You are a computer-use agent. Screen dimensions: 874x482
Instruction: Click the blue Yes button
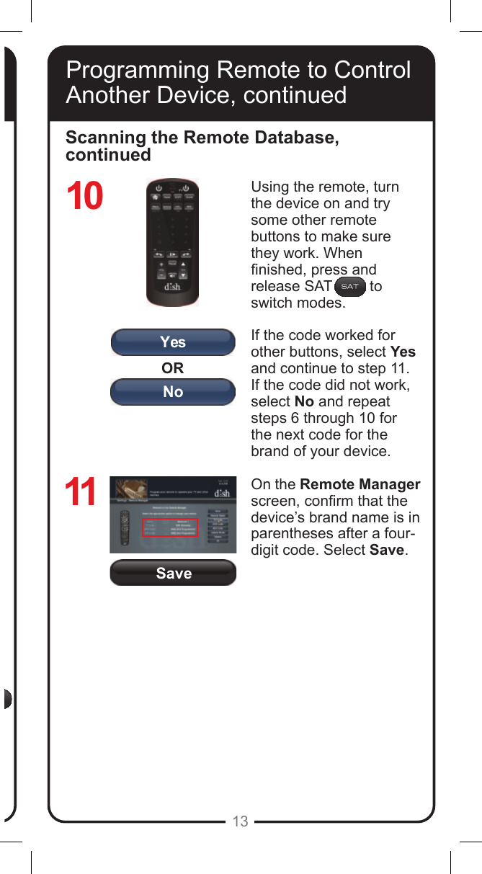click(x=172, y=342)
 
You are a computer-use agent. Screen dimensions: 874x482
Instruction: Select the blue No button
click(x=172, y=392)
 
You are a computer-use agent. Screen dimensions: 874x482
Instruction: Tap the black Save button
click(x=173, y=573)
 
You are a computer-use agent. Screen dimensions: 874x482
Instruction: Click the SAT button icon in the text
click(x=349, y=287)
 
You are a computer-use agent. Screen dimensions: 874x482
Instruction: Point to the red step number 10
click(x=85, y=197)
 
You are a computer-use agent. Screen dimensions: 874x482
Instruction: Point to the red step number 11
click(x=81, y=494)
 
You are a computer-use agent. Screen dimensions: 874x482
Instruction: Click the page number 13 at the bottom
click(x=241, y=821)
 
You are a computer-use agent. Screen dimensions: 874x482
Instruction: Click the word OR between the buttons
click(x=172, y=367)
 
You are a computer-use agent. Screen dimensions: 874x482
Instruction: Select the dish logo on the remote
click(x=173, y=288)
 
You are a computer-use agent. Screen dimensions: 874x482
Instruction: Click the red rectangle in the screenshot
click(x=170, y=527)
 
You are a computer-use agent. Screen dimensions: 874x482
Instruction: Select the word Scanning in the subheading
click(x=100, y=138)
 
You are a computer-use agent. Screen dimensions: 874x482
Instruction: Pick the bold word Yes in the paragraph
click(x=403, y=352)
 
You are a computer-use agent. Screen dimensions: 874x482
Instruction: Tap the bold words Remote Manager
click(x=360, y=485)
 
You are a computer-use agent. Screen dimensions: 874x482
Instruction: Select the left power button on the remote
click(x=159, y=188)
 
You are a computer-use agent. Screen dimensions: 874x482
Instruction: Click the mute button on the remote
click(x=173, y=275)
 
